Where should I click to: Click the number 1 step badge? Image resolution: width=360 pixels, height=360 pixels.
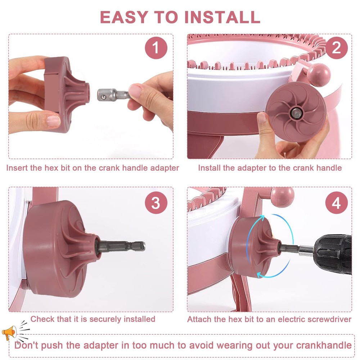156,48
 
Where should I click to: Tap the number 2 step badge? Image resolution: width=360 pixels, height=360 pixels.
336,48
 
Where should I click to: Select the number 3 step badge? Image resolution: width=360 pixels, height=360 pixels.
156,203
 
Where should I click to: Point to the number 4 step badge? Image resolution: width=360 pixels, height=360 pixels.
336,203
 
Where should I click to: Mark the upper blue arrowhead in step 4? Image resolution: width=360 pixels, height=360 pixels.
262,217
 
